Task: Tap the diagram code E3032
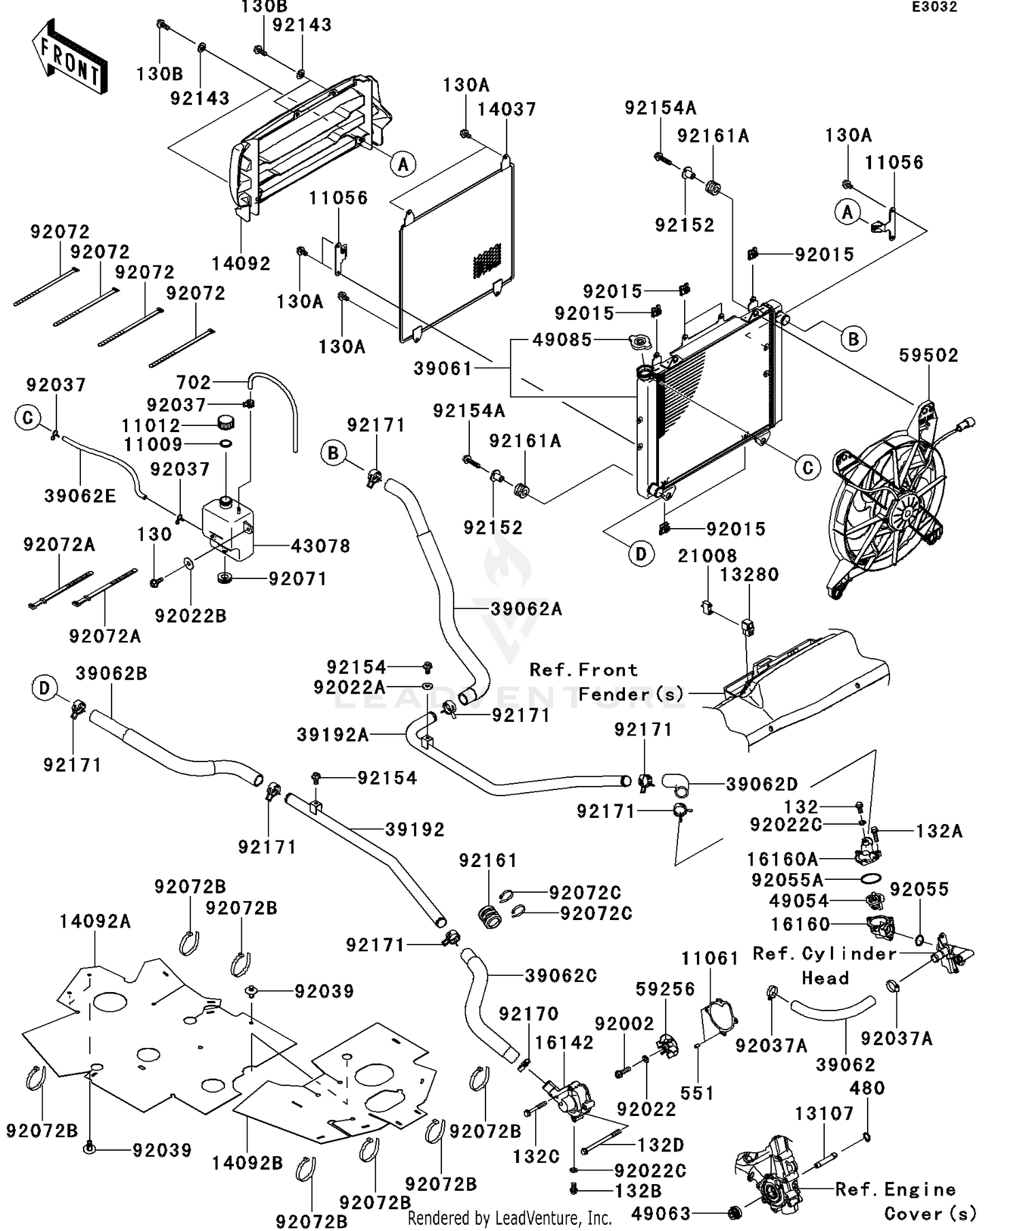pos(934,7)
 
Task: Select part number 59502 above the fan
pos(928,355)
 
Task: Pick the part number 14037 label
pos(507,110)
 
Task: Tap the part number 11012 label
pos(151,426)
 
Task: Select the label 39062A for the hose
pos(526,608)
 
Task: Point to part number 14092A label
pos(95,921)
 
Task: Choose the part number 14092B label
pos(247,1163)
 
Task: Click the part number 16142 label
pos(564,1043)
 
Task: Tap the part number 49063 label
pos(660,1213)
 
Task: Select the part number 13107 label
pos(824,1114)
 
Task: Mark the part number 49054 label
pos(799,901)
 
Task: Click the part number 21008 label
pos(707,556)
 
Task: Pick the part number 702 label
pos(194,382)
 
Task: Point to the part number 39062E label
pos(80,496)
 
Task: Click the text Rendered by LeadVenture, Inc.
pos(509,1218)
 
